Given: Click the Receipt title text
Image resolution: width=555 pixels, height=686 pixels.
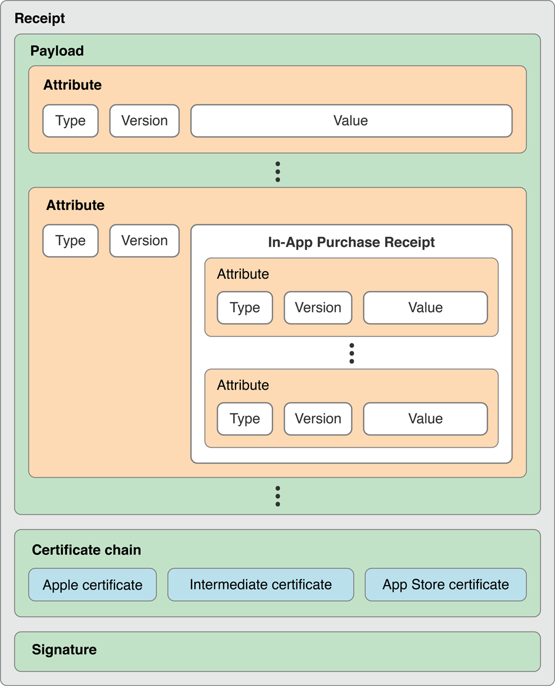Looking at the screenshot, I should [40, 18].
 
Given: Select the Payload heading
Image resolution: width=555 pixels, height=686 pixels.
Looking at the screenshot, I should [57, 51].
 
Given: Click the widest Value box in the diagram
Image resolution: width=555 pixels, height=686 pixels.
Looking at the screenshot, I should [351, 121].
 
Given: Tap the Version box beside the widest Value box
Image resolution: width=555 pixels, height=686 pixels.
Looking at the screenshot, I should [144, 121].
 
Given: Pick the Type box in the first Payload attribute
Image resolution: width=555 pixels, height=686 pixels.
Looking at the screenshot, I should [70, 121].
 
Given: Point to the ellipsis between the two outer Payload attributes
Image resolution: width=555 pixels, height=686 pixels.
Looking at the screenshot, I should [278, 171].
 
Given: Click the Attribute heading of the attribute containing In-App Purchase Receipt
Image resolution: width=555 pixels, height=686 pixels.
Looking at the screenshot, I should [75, 205].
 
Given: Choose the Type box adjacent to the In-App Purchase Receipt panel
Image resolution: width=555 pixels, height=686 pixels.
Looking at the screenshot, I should [70, 241].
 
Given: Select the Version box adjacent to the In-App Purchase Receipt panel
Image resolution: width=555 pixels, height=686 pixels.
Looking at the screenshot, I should [144, 241].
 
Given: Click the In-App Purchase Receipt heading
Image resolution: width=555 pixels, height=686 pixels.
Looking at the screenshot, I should [351, 242].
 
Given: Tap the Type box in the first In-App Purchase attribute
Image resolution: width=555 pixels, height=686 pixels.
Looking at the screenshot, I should [245, 308].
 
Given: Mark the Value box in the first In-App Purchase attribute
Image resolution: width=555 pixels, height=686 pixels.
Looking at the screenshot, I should [425, 308].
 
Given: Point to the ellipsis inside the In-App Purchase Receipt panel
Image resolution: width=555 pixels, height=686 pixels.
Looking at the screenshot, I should [351, 353].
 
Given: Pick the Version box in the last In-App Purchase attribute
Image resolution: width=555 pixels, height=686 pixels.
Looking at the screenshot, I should [318, 419].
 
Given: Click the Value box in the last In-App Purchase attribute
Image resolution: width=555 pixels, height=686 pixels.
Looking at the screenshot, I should [425, 419].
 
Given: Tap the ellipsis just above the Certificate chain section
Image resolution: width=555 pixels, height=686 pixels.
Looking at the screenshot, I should [278, 496].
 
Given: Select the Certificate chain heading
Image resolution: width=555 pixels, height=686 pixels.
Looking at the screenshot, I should [86, 550].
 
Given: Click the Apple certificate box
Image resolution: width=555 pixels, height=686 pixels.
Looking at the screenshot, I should [93, 585].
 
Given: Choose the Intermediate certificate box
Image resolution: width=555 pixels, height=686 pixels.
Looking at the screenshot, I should [261, 585].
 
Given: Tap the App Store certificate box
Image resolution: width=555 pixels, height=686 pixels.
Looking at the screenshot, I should [446, 585].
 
